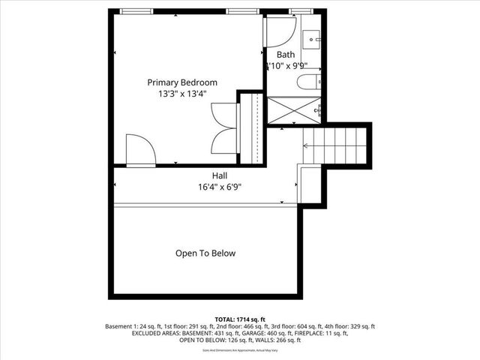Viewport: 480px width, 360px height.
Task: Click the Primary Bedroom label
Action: pyautogui.click(x=182, y=82)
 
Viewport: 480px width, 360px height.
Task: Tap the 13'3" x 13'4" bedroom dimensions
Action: pyautogui.click(x=182, y=94)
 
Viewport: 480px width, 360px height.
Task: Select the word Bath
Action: pyautogui.click(x=286, y=55)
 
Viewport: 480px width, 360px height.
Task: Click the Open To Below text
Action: pyautogui.click(x=205, y=253)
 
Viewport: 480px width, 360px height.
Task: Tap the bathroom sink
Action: pyautogui.click(x=311, y=37)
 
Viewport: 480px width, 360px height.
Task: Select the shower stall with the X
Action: pyautogui.click(x=294, y=110)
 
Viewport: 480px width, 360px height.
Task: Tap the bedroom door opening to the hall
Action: pyautogui.click(x=140, y=151)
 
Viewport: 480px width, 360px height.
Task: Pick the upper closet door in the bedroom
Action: pyautogui.click(x=224, y=114)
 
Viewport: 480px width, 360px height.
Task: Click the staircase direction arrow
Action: pyautogui.click(x=307, y=146)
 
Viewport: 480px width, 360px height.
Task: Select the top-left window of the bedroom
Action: pyautogui.click(x=134, y=11)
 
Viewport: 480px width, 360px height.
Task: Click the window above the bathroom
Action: pyautogui.click(x=300, y=11)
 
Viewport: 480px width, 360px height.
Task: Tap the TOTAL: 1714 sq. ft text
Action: pyautogui.click(x=240, y=319)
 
